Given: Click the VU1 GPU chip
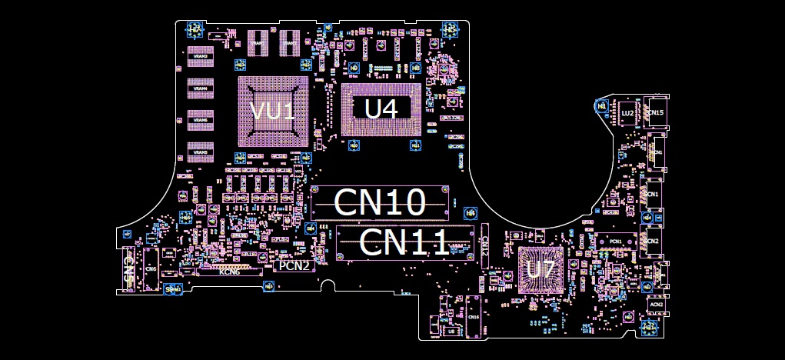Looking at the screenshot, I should point(273,110).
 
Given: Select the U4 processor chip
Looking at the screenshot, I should point(381,108).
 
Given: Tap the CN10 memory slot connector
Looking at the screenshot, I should point(380,202).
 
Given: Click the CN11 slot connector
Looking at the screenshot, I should point(403,242).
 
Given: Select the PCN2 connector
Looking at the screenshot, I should point(294,266).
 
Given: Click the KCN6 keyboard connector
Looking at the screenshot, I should point(231,272).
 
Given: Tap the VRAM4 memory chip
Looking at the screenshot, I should point(201,88).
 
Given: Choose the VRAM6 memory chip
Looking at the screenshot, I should point(201,120).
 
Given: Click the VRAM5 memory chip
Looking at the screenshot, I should point(201,152).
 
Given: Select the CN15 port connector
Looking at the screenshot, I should point(656,113).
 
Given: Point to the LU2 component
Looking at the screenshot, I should point(627,113).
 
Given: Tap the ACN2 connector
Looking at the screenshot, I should point(657,305).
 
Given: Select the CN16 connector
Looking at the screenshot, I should point(474,318).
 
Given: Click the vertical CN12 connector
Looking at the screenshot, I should point(485,245).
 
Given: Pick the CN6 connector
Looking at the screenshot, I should point(151,268).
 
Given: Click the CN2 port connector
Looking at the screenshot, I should point(653,241).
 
